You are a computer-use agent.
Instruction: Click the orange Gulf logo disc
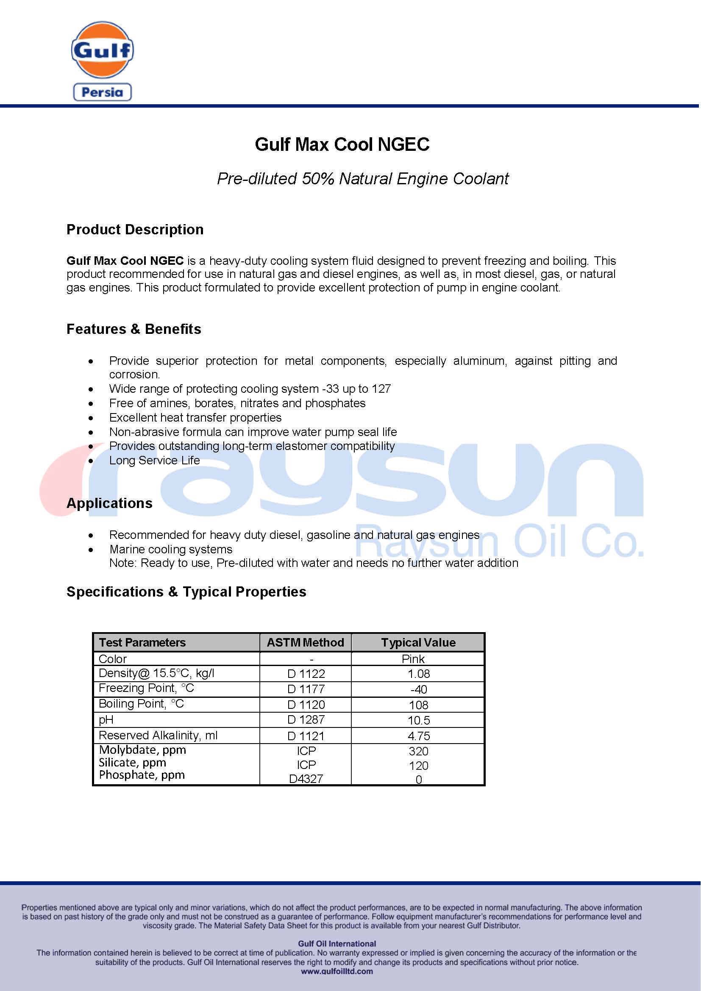(102, 50)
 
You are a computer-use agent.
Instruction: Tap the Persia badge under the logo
(102, 92)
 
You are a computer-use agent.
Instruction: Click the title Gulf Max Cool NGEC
(342, 144)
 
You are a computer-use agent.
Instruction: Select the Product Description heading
(135, 230)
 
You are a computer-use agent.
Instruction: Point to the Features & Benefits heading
(134, 329)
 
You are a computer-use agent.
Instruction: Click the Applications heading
(109, 503)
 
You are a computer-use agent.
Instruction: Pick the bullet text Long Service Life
(155, 460)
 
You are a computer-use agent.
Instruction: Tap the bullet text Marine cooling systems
(171, 549)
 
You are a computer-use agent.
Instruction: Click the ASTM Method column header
(305, 642)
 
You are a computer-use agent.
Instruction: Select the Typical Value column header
(418, 642)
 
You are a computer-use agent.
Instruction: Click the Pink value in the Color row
(413, 659)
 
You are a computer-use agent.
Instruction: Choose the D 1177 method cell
(306, 689)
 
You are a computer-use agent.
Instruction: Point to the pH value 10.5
(419, 720)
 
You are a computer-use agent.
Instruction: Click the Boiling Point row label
(141, 704)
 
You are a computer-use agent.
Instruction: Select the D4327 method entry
(306, 779)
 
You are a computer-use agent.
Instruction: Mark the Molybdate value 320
(418, 751)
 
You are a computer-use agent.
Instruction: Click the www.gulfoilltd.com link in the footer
(337, 971)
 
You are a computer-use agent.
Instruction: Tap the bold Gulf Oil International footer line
(337, 944)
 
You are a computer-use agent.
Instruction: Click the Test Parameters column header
(142, 642)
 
